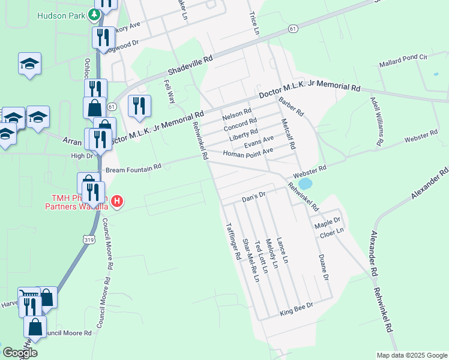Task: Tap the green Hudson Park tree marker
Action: click(x=94, y=14)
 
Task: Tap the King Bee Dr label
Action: click(x=297, y=310)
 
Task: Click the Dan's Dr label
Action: click(x=253, y=197)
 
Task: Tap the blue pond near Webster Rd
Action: click(x=305, y=182)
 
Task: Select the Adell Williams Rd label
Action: click(x=375, y=121)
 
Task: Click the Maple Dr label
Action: click(x=327, y=224)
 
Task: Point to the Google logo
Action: click(x=20, y=353)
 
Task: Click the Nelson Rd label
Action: click(x=237, y=113)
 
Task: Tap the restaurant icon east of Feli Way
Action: click(x=139, y=106)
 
